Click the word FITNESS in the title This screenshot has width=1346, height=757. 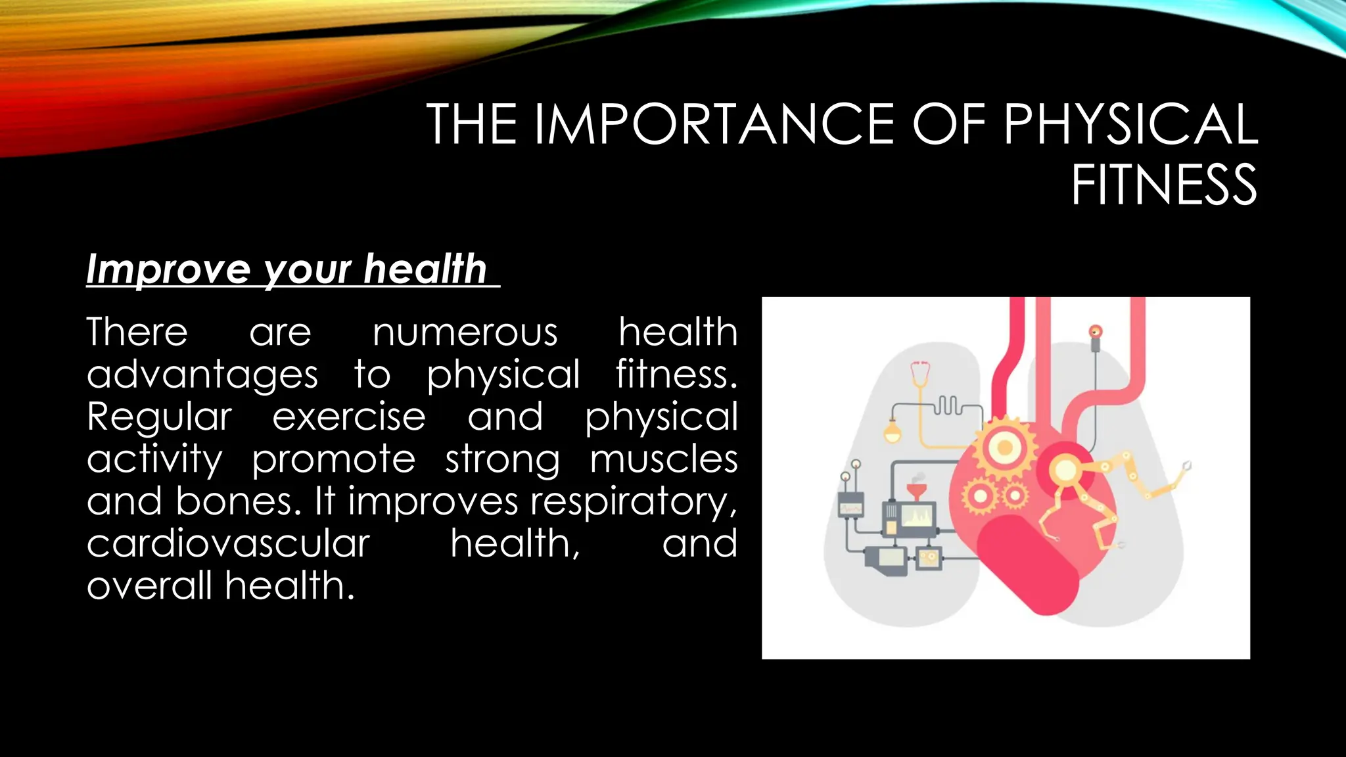click(x=1164, y=185)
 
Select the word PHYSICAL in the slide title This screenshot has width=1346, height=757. click(x=1130, y=124)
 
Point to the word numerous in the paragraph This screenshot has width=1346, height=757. click(x=465, y=332)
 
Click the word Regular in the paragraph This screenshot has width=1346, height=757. click(x=159, y=417)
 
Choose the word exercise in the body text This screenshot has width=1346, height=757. click(x=349, y=417)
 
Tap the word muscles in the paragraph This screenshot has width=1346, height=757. click(x=664, y=459)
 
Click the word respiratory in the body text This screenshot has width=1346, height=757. click(x=634, y=502)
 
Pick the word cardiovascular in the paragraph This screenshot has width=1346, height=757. click(x=228, y=543)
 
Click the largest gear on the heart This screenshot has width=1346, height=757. click(x=1004, y=448)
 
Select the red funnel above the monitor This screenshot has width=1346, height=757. click(x=914, y=491)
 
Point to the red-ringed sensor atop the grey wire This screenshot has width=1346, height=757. click(x=1095, y=332)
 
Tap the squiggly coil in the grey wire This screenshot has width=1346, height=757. click(x=948, y=405)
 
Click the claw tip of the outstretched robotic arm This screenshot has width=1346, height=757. click(x=1187, y=466)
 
